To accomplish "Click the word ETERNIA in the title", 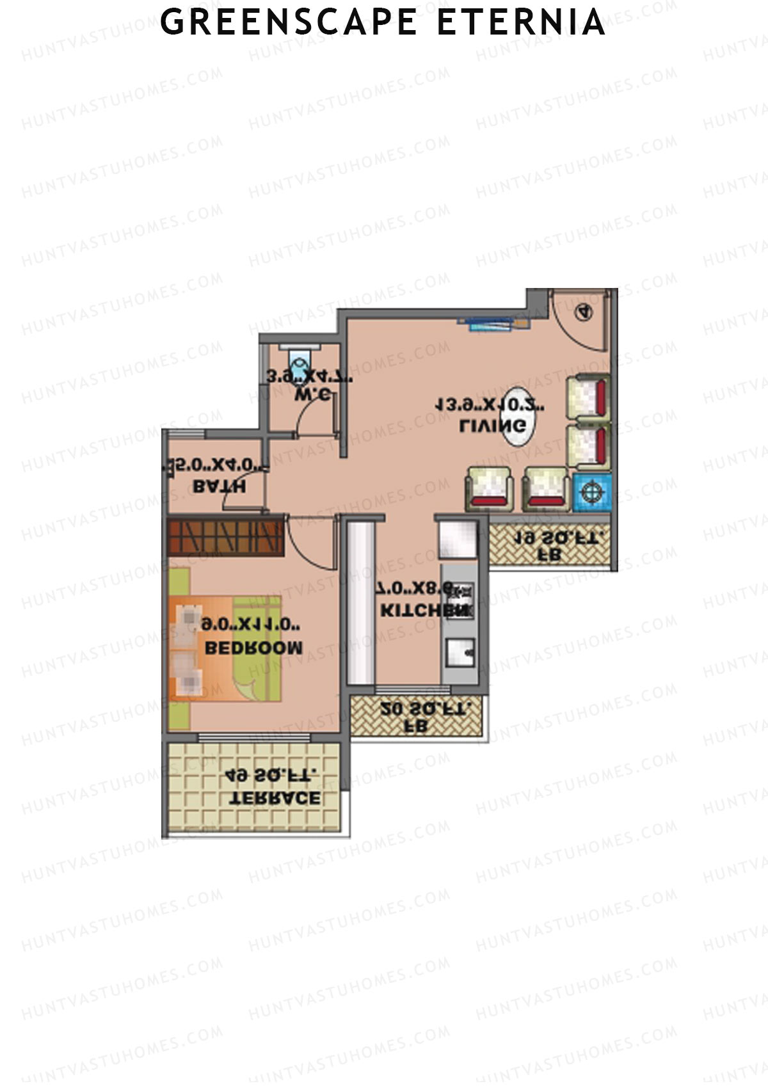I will (521, 22).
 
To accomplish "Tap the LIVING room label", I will (493, 426).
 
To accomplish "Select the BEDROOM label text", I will (253, 648).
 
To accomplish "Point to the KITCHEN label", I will (423, 611).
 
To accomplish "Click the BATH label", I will (219, 487).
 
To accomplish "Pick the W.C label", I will (312, 395).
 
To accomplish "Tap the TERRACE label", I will (275, 799).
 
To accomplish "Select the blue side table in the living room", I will (592, 492).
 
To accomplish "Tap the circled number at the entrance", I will (584, 312).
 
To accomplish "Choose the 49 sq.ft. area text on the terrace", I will (271, 775).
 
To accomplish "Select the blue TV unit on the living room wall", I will (493, 324).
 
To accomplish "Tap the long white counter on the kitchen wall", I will (360, 602).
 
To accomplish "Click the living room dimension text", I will (490, 405).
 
